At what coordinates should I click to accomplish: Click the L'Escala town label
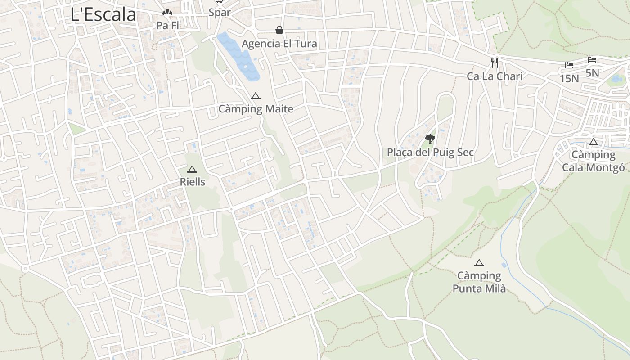103,14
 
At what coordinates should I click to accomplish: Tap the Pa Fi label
168,26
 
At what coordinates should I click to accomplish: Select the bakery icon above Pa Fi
167,13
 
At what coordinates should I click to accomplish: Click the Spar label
220,13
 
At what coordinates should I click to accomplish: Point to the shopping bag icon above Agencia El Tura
279,30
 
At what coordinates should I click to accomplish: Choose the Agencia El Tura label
279,44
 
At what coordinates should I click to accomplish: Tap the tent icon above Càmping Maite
256,96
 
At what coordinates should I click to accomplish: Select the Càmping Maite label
256,109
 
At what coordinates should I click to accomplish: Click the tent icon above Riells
192,169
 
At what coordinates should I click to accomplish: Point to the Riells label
192,182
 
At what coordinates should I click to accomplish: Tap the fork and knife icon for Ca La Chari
495,63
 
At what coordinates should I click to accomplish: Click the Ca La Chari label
495,76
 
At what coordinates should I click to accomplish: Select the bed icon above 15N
569,65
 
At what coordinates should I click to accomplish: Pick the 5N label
592,72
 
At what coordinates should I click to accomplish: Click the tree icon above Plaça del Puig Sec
430,139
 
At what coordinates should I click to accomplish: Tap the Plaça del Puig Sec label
430,152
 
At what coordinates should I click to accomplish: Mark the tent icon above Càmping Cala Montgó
594,142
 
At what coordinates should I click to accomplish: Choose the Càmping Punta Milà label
479,282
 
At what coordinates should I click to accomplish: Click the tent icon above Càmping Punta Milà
479,263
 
